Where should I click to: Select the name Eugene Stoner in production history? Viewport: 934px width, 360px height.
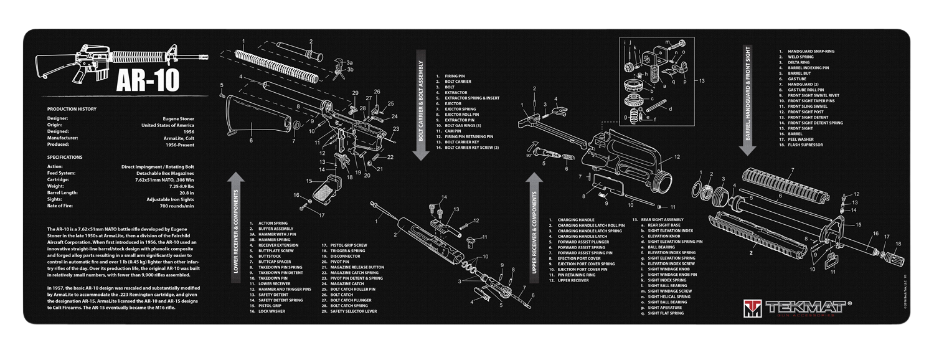tap(177, 117)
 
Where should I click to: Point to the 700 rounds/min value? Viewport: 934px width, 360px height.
tap(177, 206)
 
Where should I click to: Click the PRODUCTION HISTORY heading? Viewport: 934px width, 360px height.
tap(72, 108)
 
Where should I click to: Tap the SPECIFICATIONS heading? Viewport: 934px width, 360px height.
tap(65, 157)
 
